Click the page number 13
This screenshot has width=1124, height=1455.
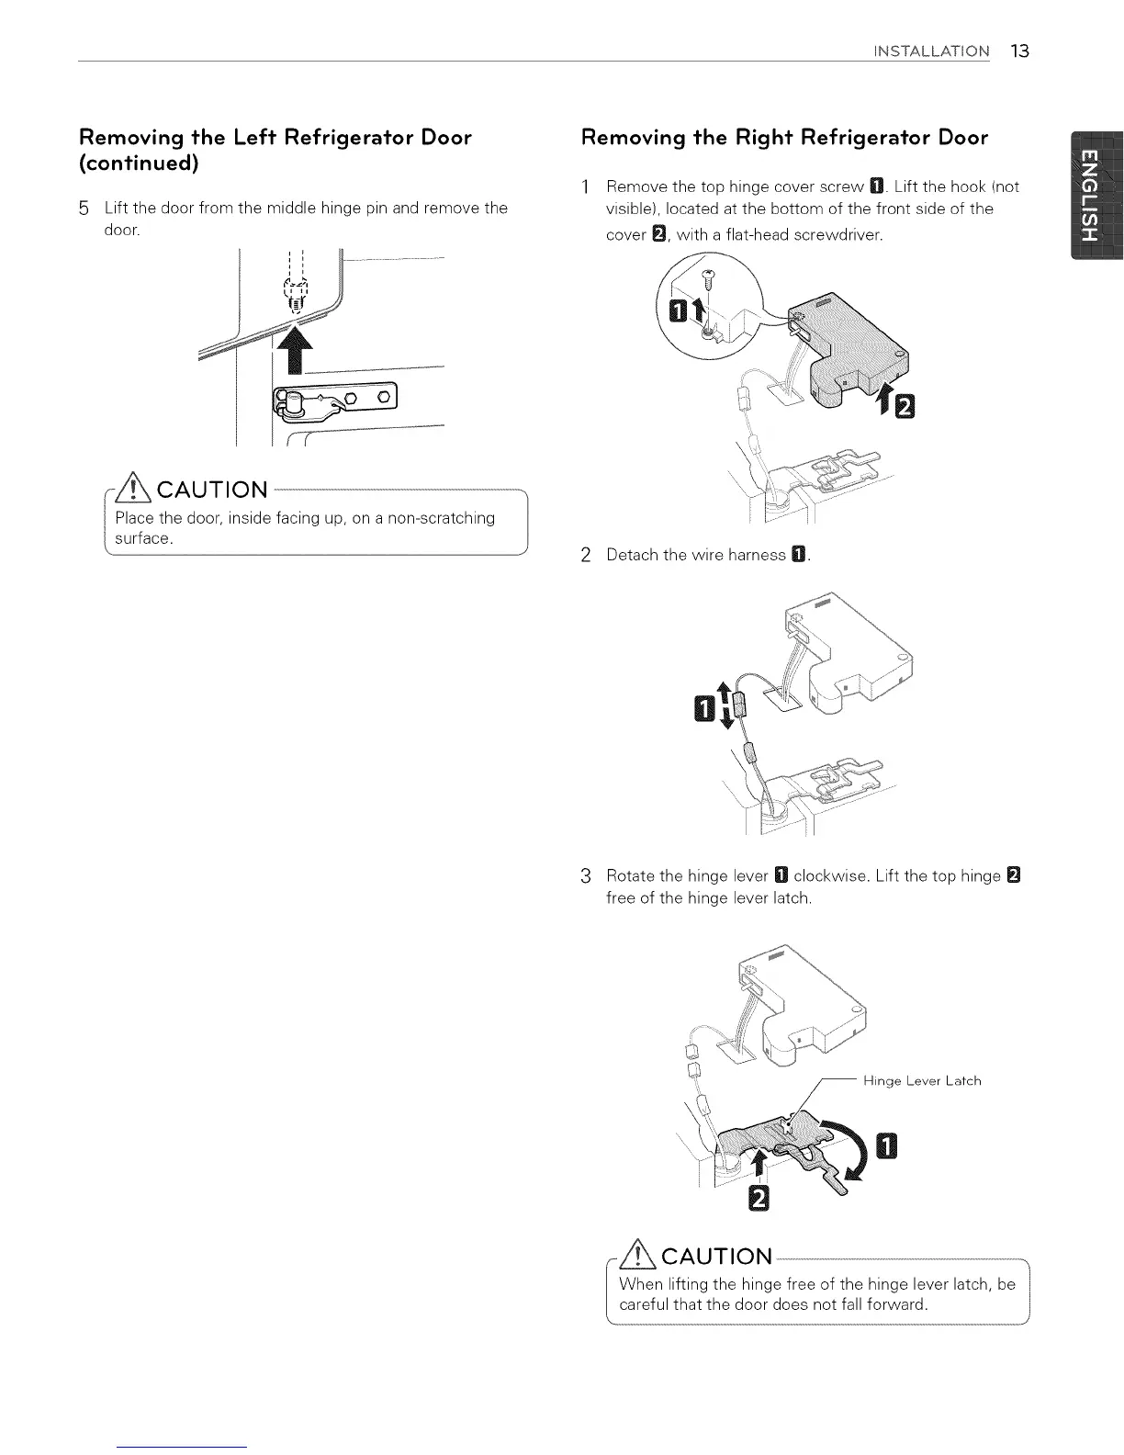pyautogui.click(x=1019, y=51)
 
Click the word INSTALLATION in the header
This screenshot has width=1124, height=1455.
pyautogui.click(x=931, y=51)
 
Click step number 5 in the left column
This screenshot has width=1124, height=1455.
pyautogui.click(x=84, y=209)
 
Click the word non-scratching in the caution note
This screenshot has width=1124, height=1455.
pyautogui.click(x=441, y=518)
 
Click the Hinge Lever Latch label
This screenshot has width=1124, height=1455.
pyautogui.click(x=922, y=1081)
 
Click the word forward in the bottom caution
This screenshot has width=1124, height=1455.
pyautogui.click(x=899, y=1304)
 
